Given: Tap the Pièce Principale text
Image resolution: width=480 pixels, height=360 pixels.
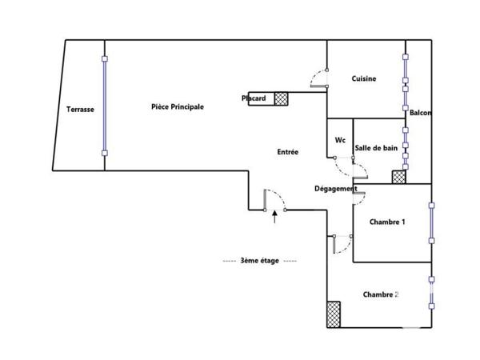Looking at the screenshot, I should (x=177, y=106).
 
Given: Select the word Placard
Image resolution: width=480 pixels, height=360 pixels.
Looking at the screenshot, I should (x=254, y=98).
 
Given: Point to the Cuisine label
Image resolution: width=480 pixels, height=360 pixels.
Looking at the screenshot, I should (x=364, y=78).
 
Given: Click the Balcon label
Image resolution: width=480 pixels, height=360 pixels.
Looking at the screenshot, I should (x=420, y=113).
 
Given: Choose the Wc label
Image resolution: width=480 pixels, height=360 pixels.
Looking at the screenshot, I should (x=340, y=140).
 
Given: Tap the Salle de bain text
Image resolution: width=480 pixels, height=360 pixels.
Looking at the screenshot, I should (x=376, y=148).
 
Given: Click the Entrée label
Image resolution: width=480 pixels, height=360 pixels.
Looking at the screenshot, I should (x=288, y=152).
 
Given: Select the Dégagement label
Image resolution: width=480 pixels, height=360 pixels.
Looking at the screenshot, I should (x=335, y=189).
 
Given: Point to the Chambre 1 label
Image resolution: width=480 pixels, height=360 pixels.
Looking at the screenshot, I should (x=387, y=222).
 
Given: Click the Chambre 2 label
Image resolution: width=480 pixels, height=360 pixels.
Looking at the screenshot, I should (x=381, y=294).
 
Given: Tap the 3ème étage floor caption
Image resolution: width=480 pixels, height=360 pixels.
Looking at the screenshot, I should (x=259, y=262).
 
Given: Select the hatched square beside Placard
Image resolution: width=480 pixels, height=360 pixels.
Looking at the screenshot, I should (x=281, y=98).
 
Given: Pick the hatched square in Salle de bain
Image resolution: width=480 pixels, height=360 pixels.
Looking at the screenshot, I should (x=398, y=178).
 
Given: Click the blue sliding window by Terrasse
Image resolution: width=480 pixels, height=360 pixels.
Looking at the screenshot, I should (x=104, y=106).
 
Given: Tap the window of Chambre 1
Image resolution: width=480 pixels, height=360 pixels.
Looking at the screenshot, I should (x=431, y=222).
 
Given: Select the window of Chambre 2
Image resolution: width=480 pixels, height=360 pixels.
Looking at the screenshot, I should (x=431, y=293).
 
